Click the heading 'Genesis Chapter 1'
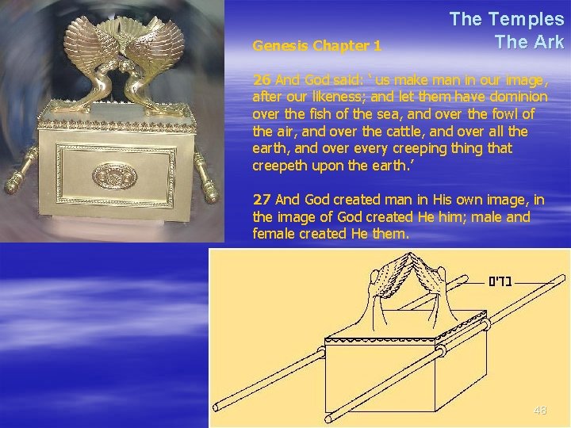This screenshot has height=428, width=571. pos(316,46)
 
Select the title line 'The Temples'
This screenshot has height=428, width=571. pos(507,19)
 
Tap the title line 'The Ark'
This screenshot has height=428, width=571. pos(529,42)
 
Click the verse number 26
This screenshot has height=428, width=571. pos(261,80)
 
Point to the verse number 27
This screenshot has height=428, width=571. pos(261,199)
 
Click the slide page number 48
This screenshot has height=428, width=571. pos(540,410)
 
